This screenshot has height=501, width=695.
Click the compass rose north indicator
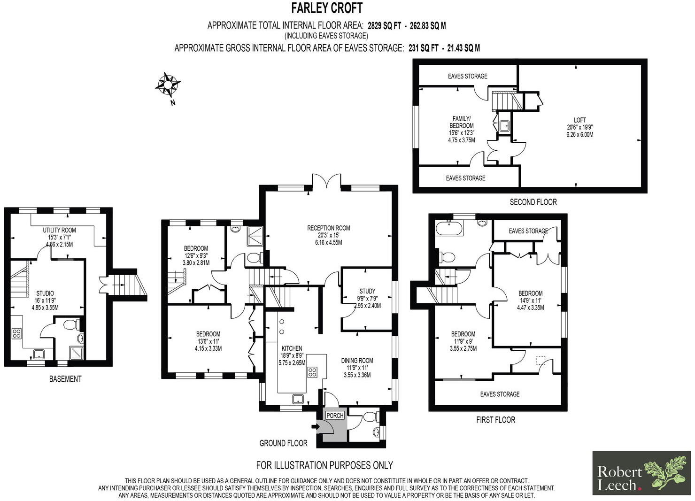pos(168,85)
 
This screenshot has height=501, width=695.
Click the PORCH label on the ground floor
pos(335,416)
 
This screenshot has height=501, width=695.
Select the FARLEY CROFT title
pos(327,8)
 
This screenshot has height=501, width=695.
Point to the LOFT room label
pos(579,120)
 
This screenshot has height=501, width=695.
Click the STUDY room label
pos(367,291)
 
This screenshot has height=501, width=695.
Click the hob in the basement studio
pos(16,334)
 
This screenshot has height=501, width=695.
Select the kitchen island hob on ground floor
pos(312,372)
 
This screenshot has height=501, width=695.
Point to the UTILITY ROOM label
pos(59,230)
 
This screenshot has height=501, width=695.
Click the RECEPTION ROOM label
pos(328,228)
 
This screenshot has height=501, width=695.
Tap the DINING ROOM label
pos(357,361)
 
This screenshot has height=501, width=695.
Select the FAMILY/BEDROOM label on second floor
pos(461,122)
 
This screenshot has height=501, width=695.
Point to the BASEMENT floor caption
pos(65,379)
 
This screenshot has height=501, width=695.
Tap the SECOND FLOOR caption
pos(533,202)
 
